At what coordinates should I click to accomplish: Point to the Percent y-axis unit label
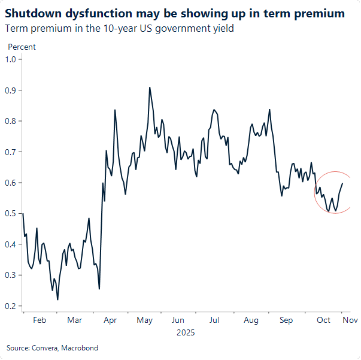pos(22,47)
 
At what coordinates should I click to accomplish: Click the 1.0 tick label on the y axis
pos(10,59)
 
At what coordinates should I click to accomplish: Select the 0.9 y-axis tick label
pos(10,90)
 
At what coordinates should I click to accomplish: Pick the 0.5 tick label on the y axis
pos(10,214)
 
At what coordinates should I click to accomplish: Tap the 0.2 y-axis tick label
pos(10,306)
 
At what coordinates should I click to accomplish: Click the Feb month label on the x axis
pos(39,320)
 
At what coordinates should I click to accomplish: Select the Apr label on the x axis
pos(110,320)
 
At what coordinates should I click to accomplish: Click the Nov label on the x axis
pos(350,320)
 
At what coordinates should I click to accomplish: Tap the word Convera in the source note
pos(43,347)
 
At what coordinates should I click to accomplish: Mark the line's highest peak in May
pos(149,87)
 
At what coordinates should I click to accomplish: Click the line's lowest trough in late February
pos(57,300)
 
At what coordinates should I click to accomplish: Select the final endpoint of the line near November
pos(342,183)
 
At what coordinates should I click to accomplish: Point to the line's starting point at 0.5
pos(23,214)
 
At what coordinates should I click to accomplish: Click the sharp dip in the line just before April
pos(99,289)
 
